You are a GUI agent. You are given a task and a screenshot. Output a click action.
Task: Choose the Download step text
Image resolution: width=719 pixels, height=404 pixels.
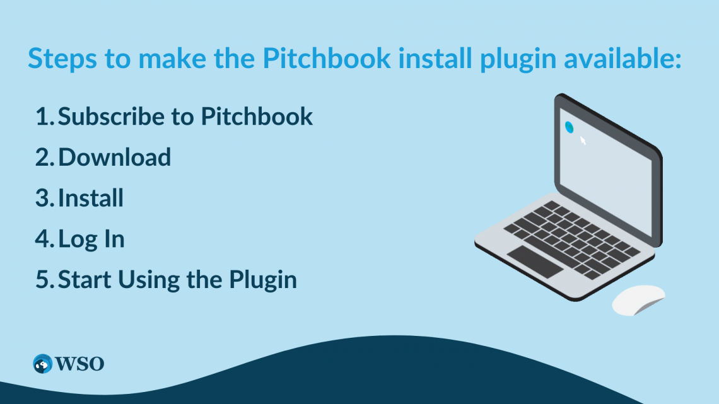click(x=114, y=157)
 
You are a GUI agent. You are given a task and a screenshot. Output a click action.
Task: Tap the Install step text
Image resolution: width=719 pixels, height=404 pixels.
click(x=91, y=198)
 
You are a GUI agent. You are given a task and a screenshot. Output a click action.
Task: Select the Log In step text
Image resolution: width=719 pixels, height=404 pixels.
click(x=91, y=240)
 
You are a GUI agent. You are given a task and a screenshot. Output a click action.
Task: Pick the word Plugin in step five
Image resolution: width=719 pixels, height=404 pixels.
click(x=262, y=280)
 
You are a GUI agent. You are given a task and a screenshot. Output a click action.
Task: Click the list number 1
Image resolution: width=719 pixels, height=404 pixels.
click(x=43, y=116)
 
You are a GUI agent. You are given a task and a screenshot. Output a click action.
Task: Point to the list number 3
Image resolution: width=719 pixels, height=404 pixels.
click(x=44, y=198)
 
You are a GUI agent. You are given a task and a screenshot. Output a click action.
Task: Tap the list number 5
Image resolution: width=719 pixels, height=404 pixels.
click(x=44, y=280)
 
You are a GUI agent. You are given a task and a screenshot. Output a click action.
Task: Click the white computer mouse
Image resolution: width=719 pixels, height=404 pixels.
click(x=638, y=300)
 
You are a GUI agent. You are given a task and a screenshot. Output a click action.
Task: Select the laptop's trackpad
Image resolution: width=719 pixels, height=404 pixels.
click(x=535, y=261)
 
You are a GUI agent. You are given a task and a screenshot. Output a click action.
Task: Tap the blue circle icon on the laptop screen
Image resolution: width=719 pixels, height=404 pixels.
click(x=570, y=127)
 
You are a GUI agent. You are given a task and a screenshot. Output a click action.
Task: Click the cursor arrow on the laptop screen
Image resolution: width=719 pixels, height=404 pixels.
click(x=583, y=140)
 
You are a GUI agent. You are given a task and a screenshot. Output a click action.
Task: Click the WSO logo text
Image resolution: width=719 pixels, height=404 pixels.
click(x=79, y=364)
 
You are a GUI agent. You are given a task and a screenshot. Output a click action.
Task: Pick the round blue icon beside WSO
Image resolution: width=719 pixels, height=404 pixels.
click(x=43, y=364)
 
